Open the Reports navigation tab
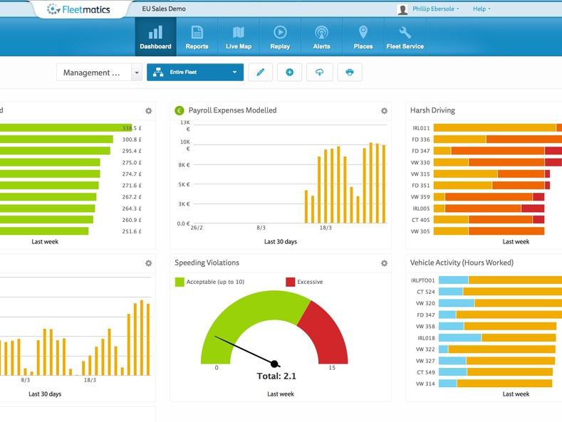pos(197,37)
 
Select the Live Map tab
pos(239,37)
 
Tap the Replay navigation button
pos(280,37)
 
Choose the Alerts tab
pos(321,37)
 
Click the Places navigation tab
pos(363,37)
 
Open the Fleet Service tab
pos(405,37)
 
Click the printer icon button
pos(350,73)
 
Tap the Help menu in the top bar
pos(482,9)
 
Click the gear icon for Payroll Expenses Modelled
pos(384,111)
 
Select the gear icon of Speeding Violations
pos(384,263)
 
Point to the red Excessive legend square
pos(290,282)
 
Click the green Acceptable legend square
pos(179,282)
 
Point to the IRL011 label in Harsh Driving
pos(421,128)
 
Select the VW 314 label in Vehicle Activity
pos(425,384)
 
